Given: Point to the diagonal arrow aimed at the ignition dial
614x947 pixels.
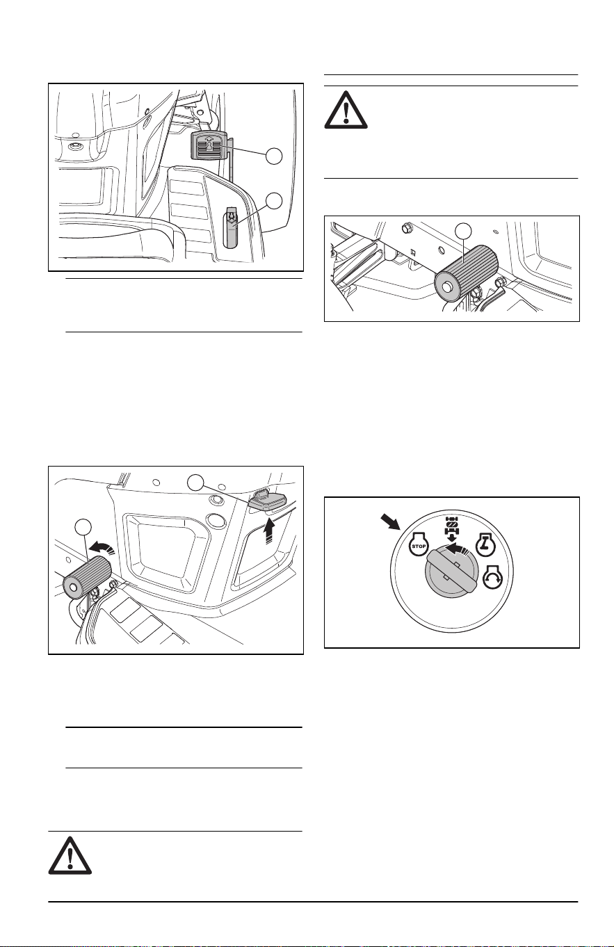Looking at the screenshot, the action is point(391,521).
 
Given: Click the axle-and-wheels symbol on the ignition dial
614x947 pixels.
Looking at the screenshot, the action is point(452,528).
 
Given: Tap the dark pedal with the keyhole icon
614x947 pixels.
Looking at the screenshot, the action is point(209,145).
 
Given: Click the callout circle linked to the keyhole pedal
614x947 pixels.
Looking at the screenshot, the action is point(274,156).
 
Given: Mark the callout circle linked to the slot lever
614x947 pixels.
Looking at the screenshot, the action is point(274,201).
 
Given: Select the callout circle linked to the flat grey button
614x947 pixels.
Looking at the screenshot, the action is point(196,482).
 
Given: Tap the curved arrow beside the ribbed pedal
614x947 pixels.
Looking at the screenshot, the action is point(102,549).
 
